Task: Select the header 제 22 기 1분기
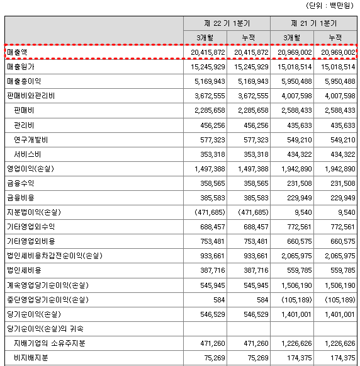click(227, 23)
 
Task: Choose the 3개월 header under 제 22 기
click(205, 38)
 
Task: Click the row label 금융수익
click(20, 183)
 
